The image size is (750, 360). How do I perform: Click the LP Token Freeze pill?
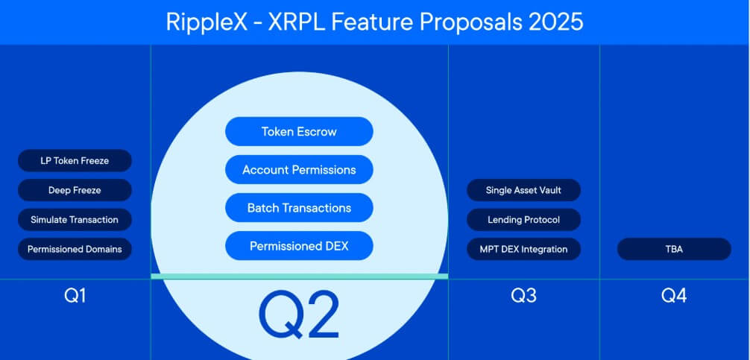pyautogui.click(x=75, y=160)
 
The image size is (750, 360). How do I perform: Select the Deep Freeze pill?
pyautogui.click(x=75, y=190)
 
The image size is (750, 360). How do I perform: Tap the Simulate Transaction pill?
pyautogui.click(x=75, y=220)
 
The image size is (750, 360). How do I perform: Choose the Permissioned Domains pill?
pyautogui.click(x=75, y=249)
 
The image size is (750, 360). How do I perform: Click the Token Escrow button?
pyautogui.click(x=299, y=131)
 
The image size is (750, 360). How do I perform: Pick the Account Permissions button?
pyautogui.click(x=299, y=170)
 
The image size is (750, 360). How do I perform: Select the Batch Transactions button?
pyautogui.click(x=299, y=208)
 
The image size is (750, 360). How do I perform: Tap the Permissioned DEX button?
pyautogui.click(x=299, y=246)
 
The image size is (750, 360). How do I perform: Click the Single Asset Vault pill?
pyautogui.click(x=523, y=190)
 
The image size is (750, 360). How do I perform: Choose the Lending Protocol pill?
pyautogui.click(x=523, y=220)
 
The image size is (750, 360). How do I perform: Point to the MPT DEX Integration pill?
pyautogui.click(x=523, y=249)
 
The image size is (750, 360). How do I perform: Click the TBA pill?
pyautogui.click(x=674, y=249)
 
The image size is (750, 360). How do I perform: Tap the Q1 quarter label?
pyautogui.click(x=75, y=296)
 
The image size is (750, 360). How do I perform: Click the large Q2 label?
pyautogui.click(x=299, y=314)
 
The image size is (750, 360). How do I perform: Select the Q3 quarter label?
pyautogui.click(x=523, y=296)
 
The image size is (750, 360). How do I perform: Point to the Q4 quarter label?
pyautogui.click(x=674, y=296)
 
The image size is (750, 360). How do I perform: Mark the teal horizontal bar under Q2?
pyautogui.click(x=299, y=276)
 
